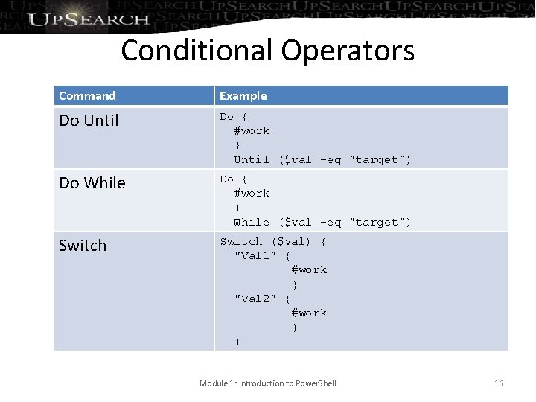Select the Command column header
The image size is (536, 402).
click(87, 95)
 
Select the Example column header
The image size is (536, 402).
click(243, 95)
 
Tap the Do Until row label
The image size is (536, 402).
click(89, 120)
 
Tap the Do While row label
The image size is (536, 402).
click(92, 182)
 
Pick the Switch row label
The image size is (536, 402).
click(83, 245)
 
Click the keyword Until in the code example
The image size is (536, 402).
click(252, 159)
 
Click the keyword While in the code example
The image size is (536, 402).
click(252, 222)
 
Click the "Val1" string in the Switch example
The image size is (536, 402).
click(255, 255)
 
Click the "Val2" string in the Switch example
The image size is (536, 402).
click(255, 299)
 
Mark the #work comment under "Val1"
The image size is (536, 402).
click(309, 269)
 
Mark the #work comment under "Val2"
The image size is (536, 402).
click(309, 313)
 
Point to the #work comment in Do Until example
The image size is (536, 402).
click(252, 130)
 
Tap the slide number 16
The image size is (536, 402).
click(499, 383)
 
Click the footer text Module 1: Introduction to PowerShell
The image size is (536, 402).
click(268, 383)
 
